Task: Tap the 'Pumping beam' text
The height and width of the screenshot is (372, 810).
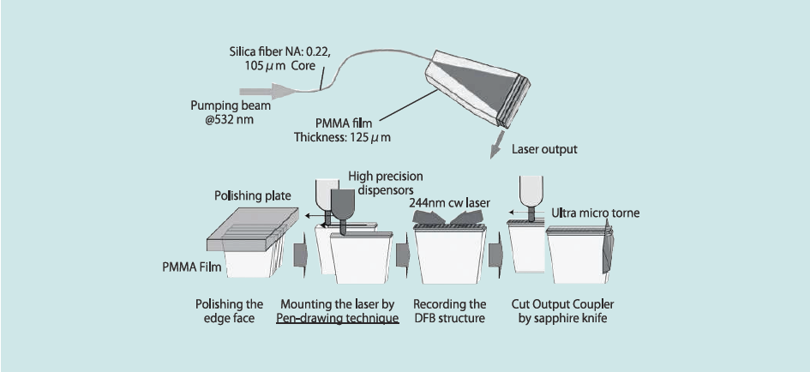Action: coord(224,105)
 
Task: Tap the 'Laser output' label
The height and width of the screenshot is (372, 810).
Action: coord(545,149)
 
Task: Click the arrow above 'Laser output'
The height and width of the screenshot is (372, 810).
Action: coord(495,146)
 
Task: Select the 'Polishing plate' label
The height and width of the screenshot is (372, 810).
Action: coord(249,196)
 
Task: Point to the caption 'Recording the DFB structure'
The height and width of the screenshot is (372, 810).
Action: coord(449,312)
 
